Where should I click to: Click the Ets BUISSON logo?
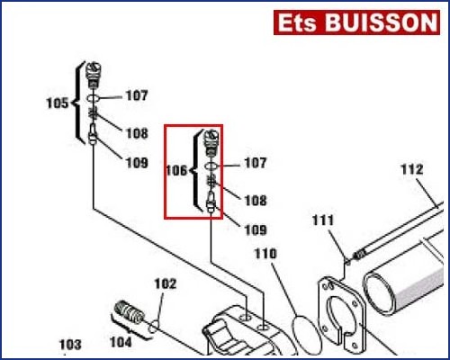click(356, 22)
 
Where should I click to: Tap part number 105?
click(58, 103)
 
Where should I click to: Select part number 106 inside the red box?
click(176, 170)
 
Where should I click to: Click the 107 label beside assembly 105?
click(137, 95)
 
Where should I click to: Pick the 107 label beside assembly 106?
click(256, 163)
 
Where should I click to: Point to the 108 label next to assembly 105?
click(137, 133)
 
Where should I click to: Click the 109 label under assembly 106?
click(256, 230)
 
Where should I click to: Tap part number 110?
click(265, 254)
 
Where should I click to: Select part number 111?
click(323, 220)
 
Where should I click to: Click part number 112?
click(412, 169)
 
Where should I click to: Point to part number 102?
click(166, 283)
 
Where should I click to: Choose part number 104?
click(121, 342)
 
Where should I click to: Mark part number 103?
click(70, 345)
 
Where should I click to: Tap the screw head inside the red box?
click(211, 138)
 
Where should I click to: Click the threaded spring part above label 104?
click(130, 312)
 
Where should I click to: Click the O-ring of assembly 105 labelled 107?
click(94, 98)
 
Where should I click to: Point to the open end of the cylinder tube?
click(379, 293)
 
